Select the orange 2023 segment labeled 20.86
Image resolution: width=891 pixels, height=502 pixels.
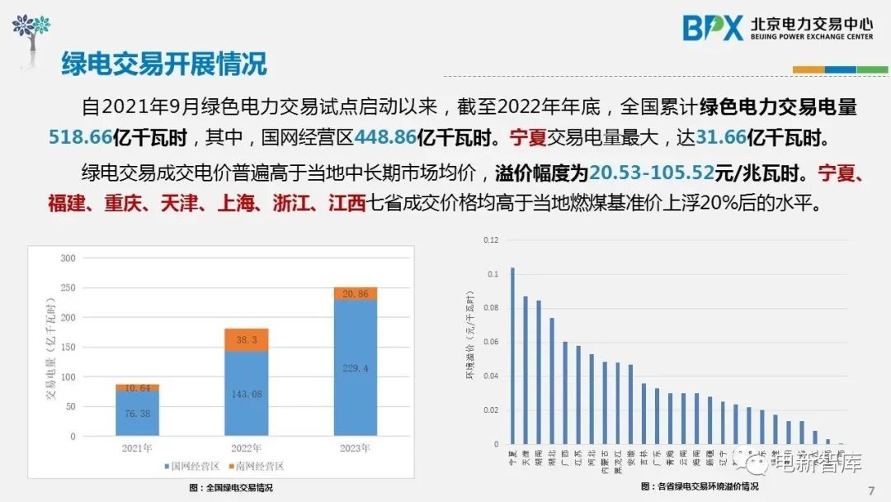coord(355,293)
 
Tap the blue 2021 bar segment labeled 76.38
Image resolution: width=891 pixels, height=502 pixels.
coord(137,413)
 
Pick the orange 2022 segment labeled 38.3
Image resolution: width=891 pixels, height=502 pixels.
coord(246,339)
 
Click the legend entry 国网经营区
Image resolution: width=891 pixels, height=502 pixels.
coord(192,466)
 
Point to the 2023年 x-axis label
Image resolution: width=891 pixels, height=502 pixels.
coord(355,448)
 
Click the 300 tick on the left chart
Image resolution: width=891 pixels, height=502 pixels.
coord(68,258)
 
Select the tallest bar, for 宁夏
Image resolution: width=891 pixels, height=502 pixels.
coord(512,355)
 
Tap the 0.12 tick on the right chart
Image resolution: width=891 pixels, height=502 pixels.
coord(491,240)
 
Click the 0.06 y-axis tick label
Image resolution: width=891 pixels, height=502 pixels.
coord(491,342)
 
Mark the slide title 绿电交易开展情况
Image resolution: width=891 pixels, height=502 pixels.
coord(164,63)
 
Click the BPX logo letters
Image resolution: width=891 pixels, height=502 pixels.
coord(713,28)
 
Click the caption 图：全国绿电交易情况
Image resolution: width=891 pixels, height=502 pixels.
coord(231,488)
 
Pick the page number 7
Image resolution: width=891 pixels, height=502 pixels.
coord(871,491)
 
